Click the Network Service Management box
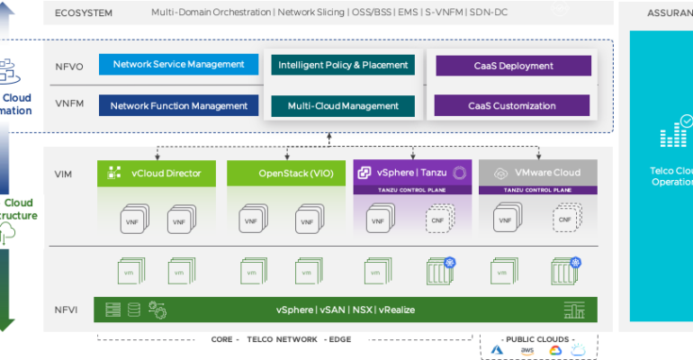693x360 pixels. [173, 65]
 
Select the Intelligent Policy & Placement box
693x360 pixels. [343, 66]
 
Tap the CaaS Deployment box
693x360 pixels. [513, 66]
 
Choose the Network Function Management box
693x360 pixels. [178, 106]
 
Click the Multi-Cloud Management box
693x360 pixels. [343, 106]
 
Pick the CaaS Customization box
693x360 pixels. [513, 106]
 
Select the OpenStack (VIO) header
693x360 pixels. [283, 173]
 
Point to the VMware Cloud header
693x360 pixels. [537, 172]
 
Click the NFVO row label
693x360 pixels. [68, 65]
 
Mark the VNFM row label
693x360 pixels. [68, 106]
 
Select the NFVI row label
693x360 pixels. [65, 310]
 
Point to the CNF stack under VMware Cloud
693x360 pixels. [565, 220]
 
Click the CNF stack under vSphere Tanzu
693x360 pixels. [438, 220]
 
